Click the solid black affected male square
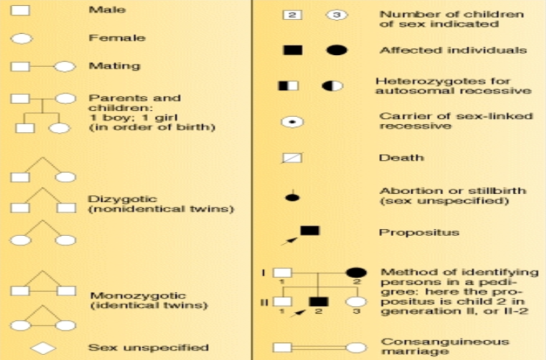(x=292, y=50)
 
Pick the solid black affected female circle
(x=337, y=50)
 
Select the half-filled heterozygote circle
(x=332, y=86)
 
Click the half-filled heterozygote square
(x=289, y=86)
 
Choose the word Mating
(x=104, y=65)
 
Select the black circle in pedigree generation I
(x=356, y=273)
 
